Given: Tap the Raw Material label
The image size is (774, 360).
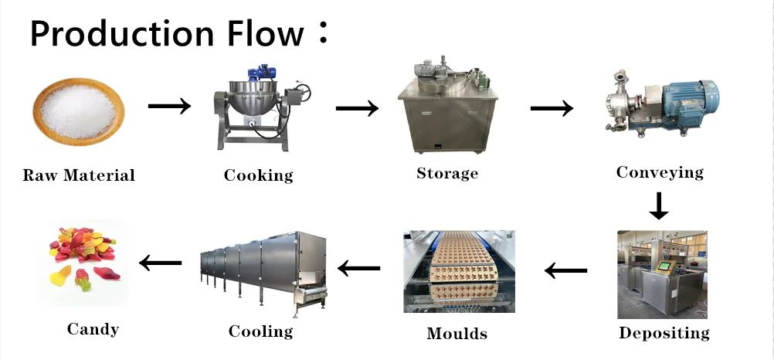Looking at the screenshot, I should tap(79, 175).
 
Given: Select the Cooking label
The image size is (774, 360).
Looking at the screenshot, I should tap(259, 175).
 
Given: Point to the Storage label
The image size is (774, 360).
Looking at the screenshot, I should tap(447, 173).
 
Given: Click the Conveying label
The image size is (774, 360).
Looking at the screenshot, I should tap(660, 172).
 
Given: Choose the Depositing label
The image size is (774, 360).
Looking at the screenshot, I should tap(664, 334).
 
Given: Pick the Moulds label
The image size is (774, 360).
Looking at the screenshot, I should tap(457, 334).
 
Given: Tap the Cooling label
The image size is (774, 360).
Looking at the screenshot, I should tap(260, 331).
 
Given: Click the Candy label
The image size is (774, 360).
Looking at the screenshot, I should tap(93, 329).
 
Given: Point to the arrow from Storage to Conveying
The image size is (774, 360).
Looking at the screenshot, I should tap(552, 107).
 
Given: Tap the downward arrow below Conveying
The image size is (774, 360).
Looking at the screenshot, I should tap(658, 205).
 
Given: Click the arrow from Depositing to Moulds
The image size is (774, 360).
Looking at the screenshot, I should tap(566, 270).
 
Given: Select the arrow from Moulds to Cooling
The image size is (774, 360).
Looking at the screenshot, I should tap(359, 268).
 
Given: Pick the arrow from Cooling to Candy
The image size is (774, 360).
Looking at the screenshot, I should tap(161, 263).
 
